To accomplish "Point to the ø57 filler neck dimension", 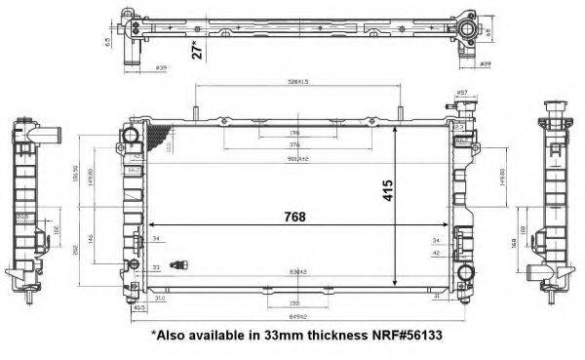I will pos(462,92).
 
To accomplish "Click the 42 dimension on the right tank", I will pos(435,252).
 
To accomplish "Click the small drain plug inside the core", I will pos(178,263).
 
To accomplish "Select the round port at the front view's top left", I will pos(130,133).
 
